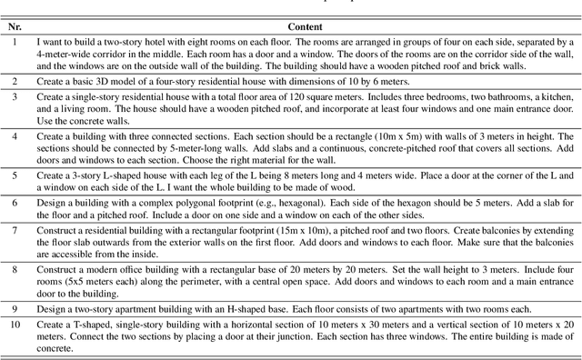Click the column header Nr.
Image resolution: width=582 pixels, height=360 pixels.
click(x=14, y=28)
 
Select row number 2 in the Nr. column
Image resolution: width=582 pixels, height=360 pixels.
click(x=14, y=81)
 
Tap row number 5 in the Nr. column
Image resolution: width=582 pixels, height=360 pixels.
click(x=14, y=173)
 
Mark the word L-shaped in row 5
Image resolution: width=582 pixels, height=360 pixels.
click(x=112, y=173)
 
